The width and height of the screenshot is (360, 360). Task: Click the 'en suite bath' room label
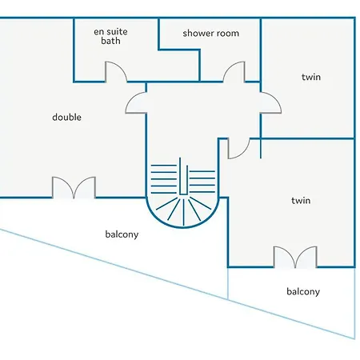click(x=110, y=36)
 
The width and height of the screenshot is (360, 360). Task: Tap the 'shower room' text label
click(x=211, y=34)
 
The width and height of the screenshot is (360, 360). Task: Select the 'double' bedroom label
click(x=66, y=117)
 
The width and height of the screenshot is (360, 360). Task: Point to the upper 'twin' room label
click(x=311, y=77)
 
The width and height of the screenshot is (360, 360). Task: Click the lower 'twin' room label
click(x=301, y=201)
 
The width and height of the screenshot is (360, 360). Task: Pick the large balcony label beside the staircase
click(x=122, y=234)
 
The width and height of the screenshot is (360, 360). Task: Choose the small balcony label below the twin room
click(x=303, y=291)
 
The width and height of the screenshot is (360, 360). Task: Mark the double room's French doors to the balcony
click(x=74, y=187)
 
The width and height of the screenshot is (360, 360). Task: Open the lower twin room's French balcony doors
click(x=295, y=257)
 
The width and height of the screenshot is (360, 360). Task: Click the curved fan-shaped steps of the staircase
click(x=183, y=212)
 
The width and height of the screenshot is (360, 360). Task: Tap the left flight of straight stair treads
click(x=164, y=179)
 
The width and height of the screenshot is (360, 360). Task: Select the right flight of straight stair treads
click(x=202, y=182)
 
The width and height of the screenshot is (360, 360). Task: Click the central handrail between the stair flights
click(x=183, y=177)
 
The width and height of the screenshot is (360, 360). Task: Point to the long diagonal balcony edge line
click(x=178, y=284)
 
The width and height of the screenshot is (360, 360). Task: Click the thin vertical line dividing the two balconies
click(x=228, y=283)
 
